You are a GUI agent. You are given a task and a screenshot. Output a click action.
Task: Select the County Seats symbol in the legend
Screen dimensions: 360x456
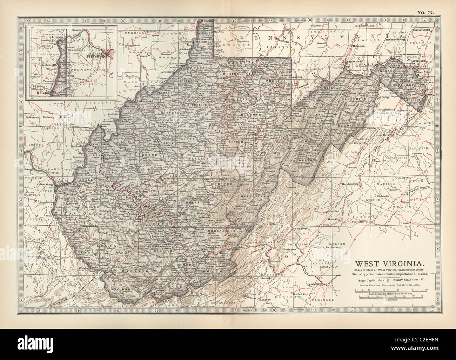pos(422,280)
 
